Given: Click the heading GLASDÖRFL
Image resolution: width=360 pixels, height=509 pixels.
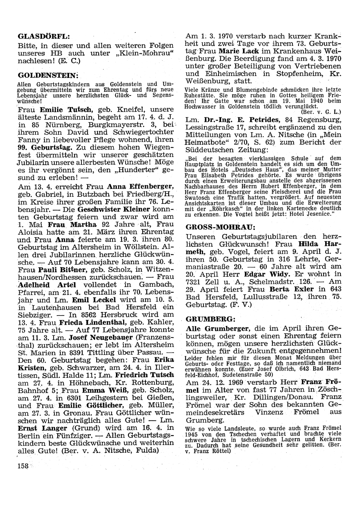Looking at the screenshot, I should [44, 36].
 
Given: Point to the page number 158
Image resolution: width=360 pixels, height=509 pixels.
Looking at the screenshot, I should [23, 466].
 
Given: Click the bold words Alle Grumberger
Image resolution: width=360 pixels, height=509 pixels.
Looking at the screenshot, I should [219, 329].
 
